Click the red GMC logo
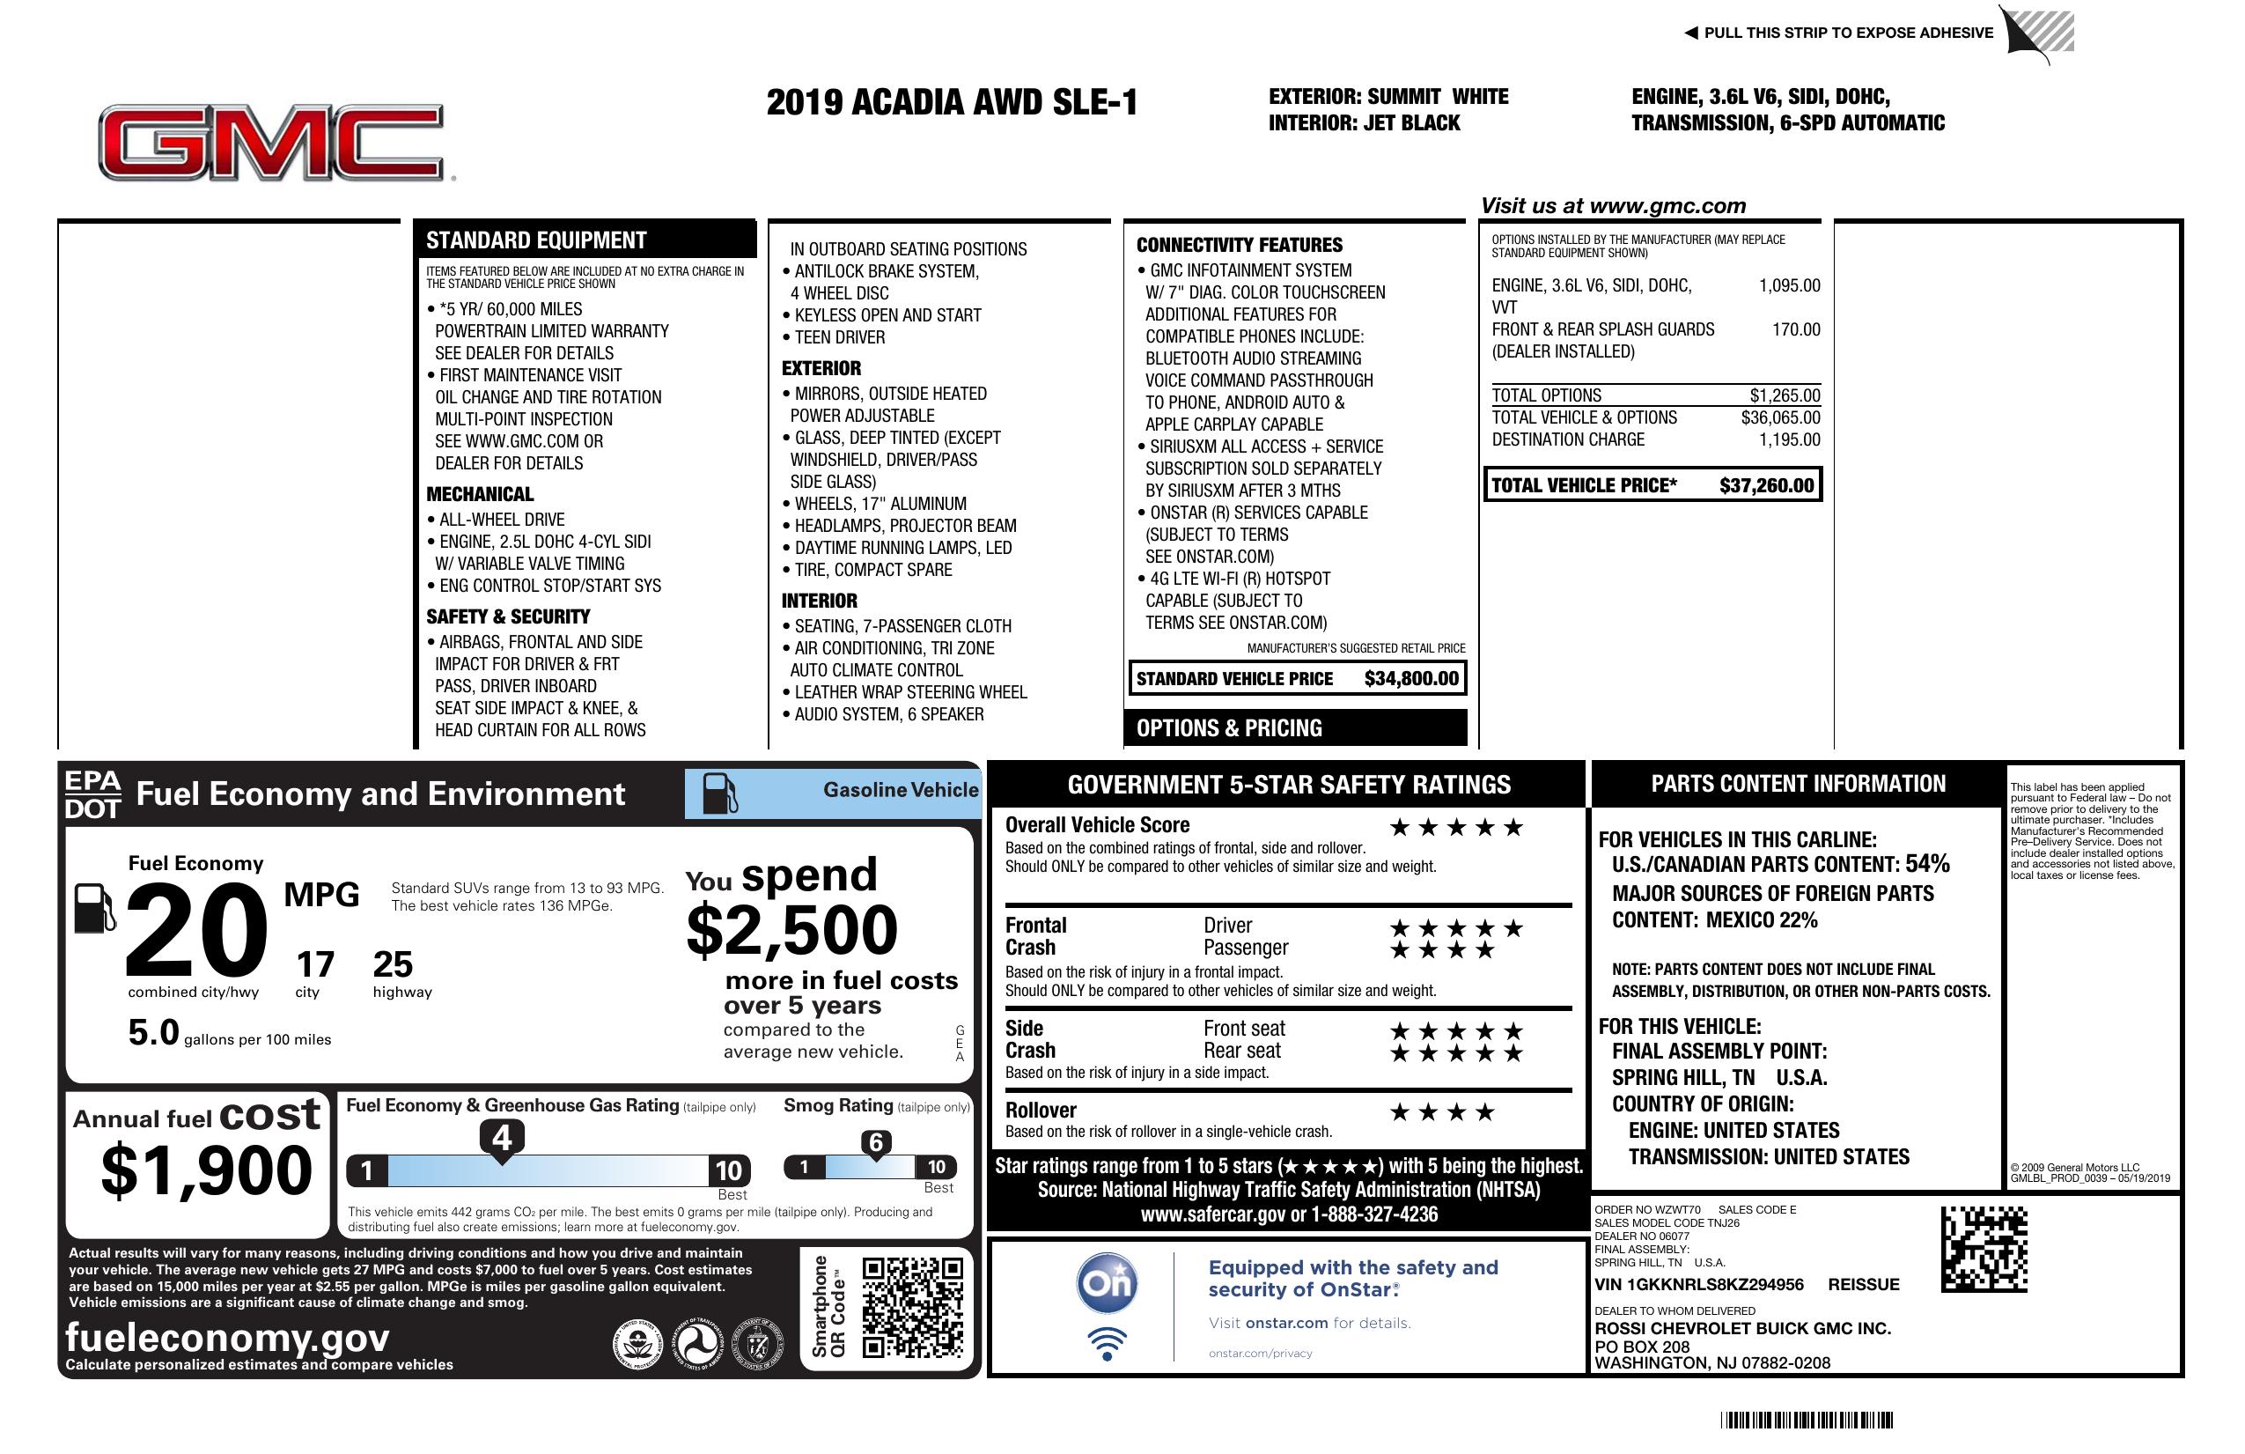click(272, 143)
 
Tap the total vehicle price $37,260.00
click(1766, 486)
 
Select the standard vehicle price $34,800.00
click(1411, 678)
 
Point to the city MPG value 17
click(315, 964)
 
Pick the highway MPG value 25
click(393, 964)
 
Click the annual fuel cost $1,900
click(206, 1170)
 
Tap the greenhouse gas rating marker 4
click(502, 1138)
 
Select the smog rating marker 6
click(875, 1142)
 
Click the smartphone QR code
click(912, 1307)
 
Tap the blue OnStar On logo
click(1107, 1283)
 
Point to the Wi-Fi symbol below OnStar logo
click(1107, 1343)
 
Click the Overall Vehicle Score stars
click(1456, 828)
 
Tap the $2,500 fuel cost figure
click(791, 930)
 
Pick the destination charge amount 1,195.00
click(1789, 439)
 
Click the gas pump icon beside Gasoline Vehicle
click(721, 793)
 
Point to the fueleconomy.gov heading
click(227, 1338)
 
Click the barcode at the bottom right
click(1807, 1420)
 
